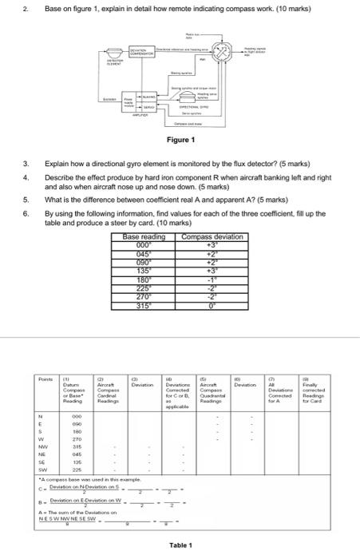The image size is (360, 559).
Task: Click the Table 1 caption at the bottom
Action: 180,545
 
